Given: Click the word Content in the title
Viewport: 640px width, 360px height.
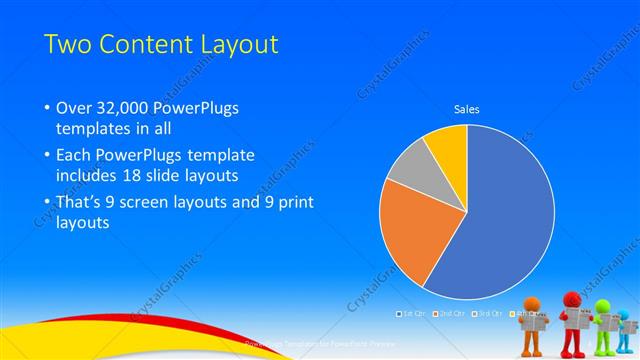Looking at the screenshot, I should [x=141, y=44].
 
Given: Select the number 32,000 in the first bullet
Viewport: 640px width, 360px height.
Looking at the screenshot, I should [x=126, y=108].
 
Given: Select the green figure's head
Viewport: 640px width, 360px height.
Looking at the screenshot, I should [x=603, y=306].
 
